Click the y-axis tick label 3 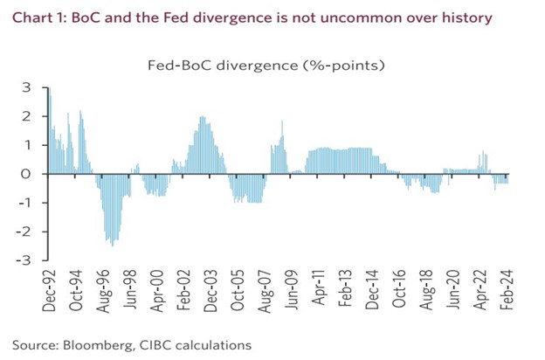[x=25, y=87]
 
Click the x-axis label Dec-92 [x=50, y=289]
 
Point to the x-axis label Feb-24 [x=505, y=289]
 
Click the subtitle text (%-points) [x=346, y=65]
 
